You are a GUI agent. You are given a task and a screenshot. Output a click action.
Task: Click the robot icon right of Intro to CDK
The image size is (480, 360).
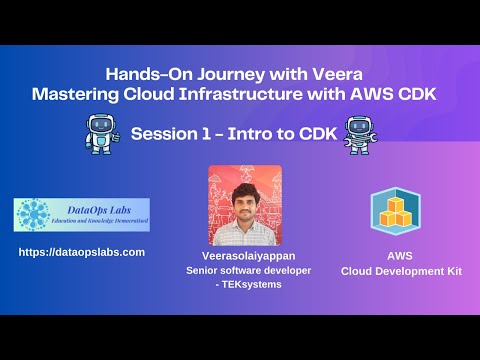tap(360, 133)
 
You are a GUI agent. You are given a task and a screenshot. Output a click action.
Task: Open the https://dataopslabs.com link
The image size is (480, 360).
tap(82, 252)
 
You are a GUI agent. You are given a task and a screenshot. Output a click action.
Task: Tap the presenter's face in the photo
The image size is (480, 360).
tap(241, 200)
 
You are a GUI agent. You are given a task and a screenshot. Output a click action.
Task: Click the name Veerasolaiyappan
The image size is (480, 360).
tap(241, 255)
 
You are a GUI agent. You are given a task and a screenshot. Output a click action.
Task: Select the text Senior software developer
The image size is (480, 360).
tap(241, 270)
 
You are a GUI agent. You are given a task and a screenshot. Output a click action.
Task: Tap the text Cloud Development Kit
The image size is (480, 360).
tap(396, 270)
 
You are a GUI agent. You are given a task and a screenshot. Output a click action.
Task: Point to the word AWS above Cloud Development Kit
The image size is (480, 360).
tap(396, 255)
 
